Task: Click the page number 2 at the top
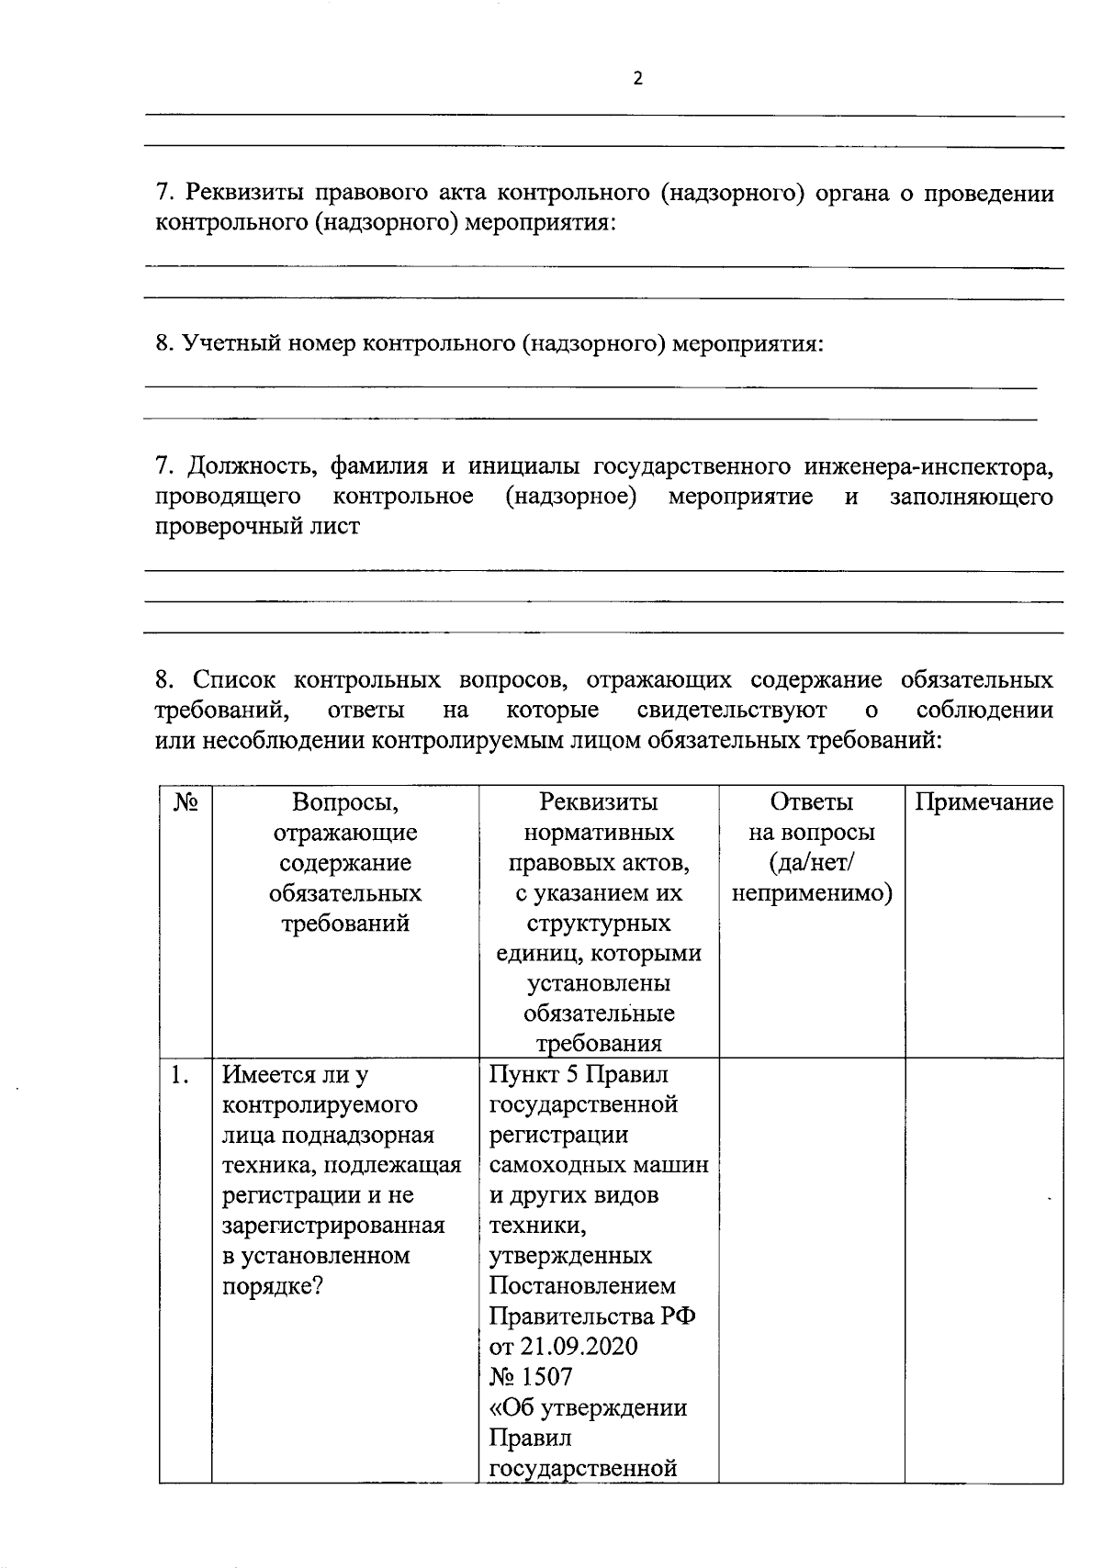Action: (x=638, y=79)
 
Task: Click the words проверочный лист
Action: (x=257, y=527)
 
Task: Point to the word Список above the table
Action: (x=234, y=679)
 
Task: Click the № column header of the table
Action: (x=186, y=803)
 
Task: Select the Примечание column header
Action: (x=984, y=803)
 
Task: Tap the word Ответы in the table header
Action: (x=812, y=802)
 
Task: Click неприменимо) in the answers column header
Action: (x=812, y=893)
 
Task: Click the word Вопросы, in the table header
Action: (x=345, y=802)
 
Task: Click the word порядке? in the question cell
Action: (x=272, y=1286)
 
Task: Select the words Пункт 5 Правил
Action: (x=579, y=1074)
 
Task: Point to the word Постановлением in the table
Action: (x=582, y=1286)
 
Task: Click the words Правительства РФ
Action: (x=591, y=1316)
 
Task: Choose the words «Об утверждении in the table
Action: (x=588, y=1407)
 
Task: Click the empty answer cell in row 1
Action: (x=812, y=1267)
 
